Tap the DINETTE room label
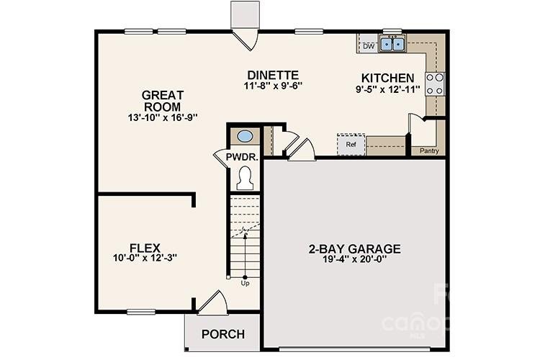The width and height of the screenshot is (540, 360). point(272,75)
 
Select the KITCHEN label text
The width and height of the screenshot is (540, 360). point(387,78)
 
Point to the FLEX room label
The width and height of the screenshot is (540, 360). point(145,246)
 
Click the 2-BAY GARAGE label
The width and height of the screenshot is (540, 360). point(354,249)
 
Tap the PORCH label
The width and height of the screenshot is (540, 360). point(222,334)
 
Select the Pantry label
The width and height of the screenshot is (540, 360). point(429,151)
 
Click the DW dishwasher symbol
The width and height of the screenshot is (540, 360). point(369,46)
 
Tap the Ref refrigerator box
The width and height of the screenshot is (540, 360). point(351,144)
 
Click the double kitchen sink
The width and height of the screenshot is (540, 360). point(393,44)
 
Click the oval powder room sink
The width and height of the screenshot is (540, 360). point(245,135)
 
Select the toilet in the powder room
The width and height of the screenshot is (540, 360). point(245,177)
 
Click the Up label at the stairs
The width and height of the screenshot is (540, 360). point(245,283)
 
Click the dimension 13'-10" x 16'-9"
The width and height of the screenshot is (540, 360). point(162,117)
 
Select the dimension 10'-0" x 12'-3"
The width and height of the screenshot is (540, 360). point(145,258)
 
